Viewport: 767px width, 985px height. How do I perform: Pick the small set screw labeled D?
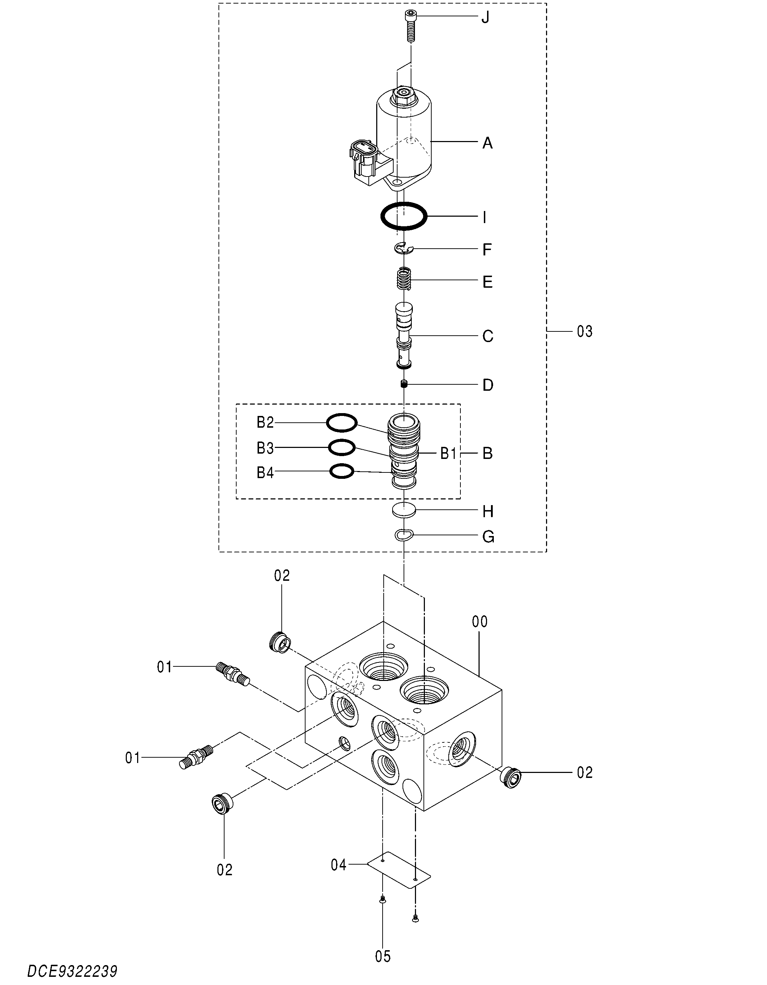click(x=404, y=384)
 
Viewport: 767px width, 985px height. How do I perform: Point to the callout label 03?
click(x=584, y=331)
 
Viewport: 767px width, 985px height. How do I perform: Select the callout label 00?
click(x=480, y=622)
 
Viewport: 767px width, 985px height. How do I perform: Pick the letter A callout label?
click(x=487, y=144)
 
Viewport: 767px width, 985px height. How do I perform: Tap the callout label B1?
click(x=448, y=454)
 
